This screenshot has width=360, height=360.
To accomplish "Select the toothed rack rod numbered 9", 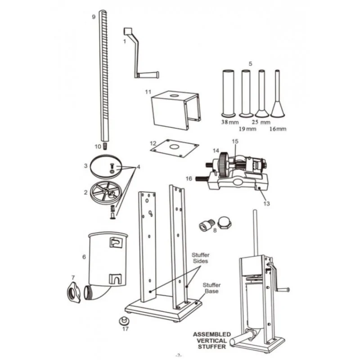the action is [x=103, y=76].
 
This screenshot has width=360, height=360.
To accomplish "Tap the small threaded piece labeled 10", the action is [x=105, y=146].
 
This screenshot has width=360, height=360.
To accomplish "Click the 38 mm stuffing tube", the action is [x=228, y=93].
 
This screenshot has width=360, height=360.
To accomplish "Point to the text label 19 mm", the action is [x=247, y=129].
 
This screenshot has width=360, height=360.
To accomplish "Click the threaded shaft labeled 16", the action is [x=202, y=179].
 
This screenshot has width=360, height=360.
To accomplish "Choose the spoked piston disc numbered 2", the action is [x=106, y=192].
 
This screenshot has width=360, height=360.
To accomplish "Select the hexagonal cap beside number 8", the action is [x=224, y=222].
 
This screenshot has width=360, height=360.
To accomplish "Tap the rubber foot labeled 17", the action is [x=124, y=321].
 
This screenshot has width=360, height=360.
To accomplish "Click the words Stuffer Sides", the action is [x=200, y=258].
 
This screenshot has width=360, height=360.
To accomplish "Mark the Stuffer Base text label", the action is [x=211, y=288].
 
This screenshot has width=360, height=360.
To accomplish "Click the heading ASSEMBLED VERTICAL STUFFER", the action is [x=212, y=341].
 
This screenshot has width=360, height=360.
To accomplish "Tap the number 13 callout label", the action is [x=266, y=203].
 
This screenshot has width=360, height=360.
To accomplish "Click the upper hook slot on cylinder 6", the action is [x=116, y=242].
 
